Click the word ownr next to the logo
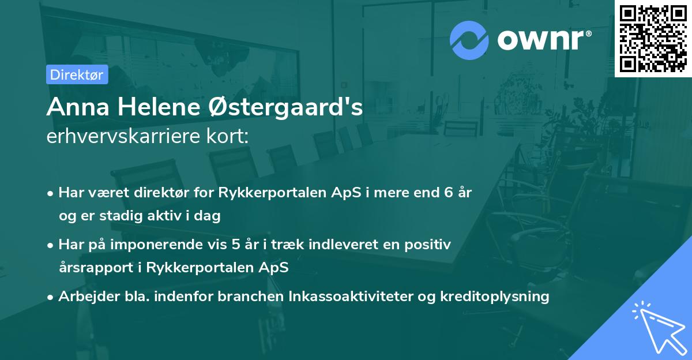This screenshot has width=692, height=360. click(543, 40)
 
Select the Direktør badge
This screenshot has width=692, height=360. click(77, 74)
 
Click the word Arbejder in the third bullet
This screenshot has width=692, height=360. click(84, 297)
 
